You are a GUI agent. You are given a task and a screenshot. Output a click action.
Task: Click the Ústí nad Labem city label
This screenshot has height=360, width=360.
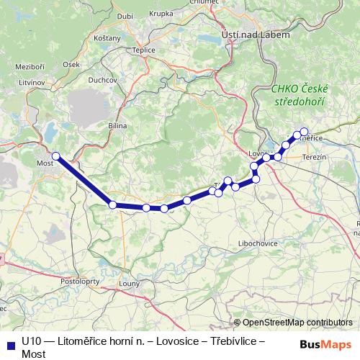[259, 35]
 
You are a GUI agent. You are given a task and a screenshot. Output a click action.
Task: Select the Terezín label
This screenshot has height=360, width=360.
[315, 157]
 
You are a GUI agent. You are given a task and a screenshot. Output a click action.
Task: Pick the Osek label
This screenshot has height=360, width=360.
[71, 64]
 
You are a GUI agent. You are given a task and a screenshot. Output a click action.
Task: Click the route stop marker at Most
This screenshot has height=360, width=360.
[55, 156]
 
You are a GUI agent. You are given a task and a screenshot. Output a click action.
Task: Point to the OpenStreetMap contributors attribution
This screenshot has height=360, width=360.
[296, 323]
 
